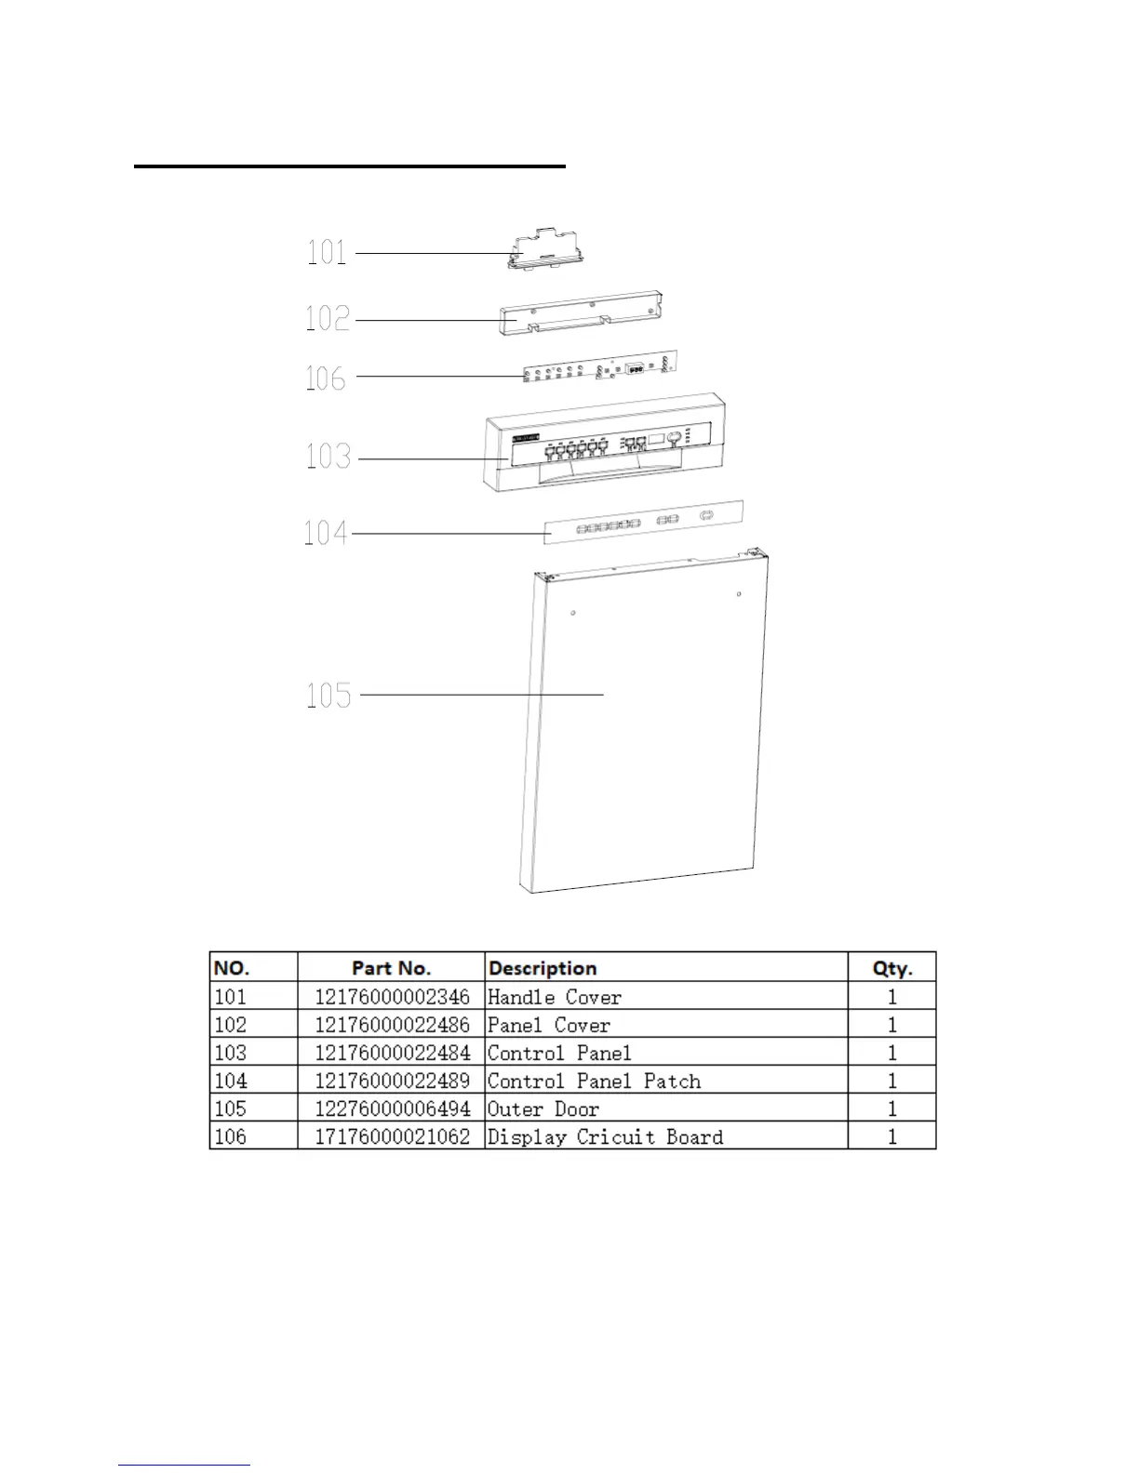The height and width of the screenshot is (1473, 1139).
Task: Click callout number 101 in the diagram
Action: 327,252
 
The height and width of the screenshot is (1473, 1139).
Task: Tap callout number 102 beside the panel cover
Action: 328,319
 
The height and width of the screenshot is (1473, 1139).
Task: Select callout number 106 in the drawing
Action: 326,378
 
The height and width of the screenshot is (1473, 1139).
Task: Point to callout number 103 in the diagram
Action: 328,457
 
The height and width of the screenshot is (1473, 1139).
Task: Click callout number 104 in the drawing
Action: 326,533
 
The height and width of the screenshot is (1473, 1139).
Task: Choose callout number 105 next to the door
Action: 329,695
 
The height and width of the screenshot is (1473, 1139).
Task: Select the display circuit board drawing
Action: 600,367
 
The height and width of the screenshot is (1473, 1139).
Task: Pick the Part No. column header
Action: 391,968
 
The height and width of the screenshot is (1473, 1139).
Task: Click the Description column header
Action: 543,968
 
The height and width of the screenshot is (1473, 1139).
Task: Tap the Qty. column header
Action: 891,968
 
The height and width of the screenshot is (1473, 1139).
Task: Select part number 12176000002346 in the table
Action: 392,997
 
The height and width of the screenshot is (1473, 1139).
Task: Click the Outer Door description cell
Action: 543,1108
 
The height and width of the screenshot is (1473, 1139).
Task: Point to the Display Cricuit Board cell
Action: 605,1136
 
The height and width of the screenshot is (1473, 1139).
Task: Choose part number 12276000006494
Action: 392,1108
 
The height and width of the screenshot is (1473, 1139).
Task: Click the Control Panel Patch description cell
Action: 594,1081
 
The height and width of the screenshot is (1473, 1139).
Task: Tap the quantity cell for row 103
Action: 891,1053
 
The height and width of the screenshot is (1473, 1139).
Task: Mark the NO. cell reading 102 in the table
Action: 231,1025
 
